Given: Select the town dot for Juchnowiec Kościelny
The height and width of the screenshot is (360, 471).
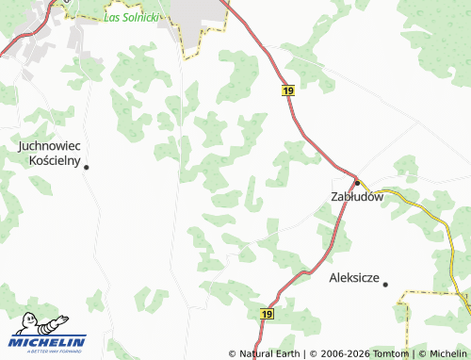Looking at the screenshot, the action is pyautogui.click(x=87, y=168).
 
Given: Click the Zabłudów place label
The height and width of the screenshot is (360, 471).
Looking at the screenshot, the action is pyautogui.click(x=358, y=197).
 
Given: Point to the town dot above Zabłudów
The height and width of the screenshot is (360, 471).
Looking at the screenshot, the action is pyautogui.click(x=357, y=182).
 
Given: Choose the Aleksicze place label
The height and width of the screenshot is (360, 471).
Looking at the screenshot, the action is pyautogui.click(x=354, y=279).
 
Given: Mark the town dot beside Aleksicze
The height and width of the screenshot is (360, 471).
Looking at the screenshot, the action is pyautogui.click(x=385, y=283).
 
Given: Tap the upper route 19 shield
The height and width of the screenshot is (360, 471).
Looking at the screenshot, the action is pyautogui.click(x=287, y=90).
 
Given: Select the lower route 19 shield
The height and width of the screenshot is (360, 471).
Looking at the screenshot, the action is pyautogui.click(x=268, y=313).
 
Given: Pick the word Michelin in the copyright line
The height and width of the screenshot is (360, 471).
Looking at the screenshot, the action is pyautogui.click(x=447, y=353).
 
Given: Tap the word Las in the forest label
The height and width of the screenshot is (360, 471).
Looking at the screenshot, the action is pyautogui.click(x=112, y=17).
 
